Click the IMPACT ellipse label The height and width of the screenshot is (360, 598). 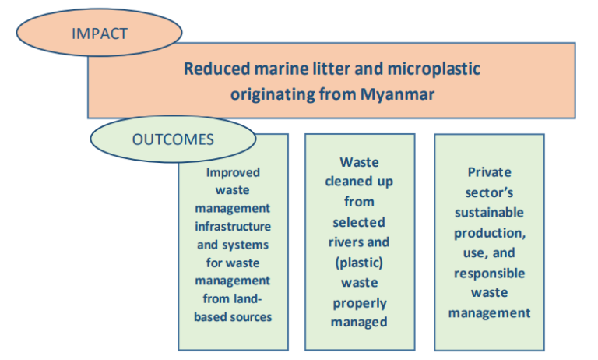[x=99, y=33]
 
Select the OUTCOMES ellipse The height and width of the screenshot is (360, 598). [x=174, y=139]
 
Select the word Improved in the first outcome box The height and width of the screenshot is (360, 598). [x=233, y=172]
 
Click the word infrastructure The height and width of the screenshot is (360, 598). [x=233, y=226]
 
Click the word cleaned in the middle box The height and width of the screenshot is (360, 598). [x=359, y=182]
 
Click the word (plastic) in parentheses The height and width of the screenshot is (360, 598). [x=359, y=262]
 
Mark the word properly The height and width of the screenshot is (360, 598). [x=359, y=302]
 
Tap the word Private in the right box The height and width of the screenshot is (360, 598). [x=489, y=172]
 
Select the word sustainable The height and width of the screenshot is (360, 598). [x=489, y=213]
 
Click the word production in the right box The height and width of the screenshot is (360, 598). [x=489, y=233]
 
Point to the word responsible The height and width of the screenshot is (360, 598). [x=489, y=274]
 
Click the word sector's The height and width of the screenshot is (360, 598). [x=489, y=192]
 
